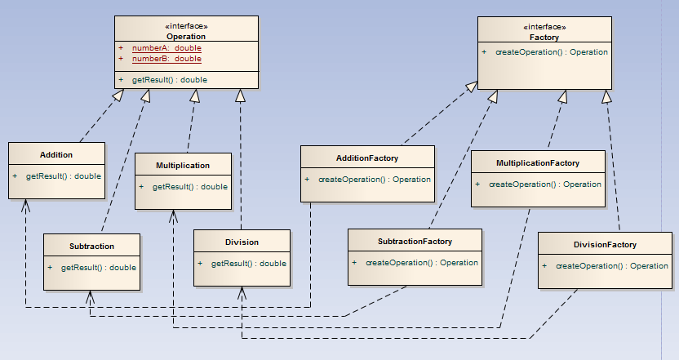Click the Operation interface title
[x=186, y=37]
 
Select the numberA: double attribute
[x=166, y=48]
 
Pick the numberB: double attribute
[x=166, y=59]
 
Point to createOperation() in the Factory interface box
[x=551, y=52]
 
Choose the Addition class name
[x=56, y=154]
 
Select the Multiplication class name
[x=183, y=165]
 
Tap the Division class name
[x=242, y=242]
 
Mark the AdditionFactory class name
[x=367, y=158]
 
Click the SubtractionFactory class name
[x=415, y=242]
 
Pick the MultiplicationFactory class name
[x=538, y=163]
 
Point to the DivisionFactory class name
[x=605, y=244]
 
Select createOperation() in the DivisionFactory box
[x=611, y=266]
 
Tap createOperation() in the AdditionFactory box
[x=374, y=180]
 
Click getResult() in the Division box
[x=248, y=263]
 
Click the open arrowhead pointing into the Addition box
[x=26, y=204]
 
